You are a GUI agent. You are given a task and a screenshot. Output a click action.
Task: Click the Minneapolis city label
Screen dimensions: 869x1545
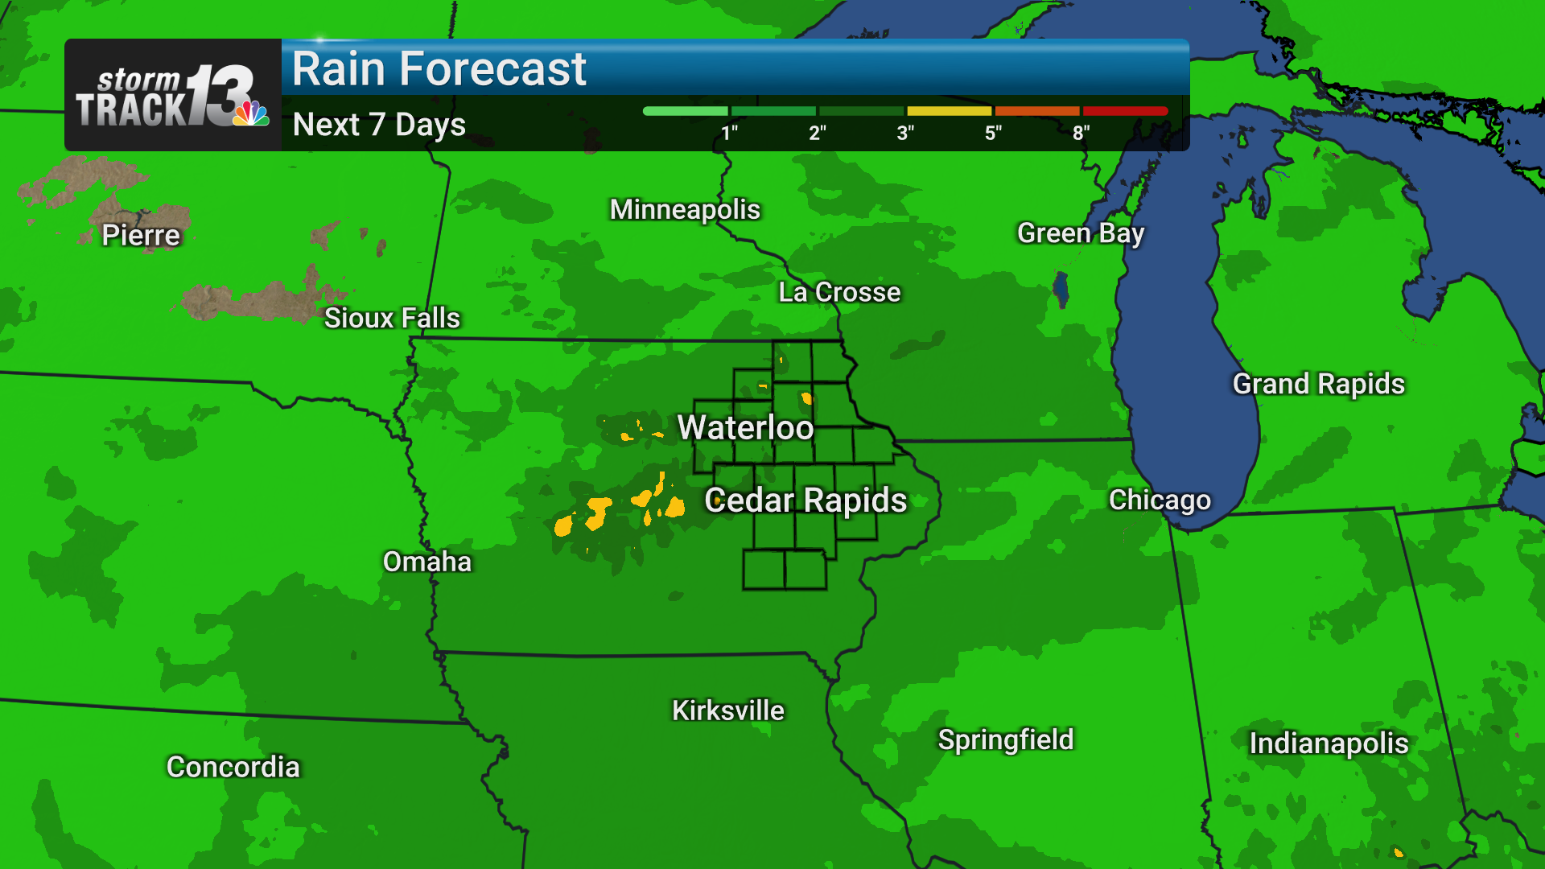(x=685, y=209)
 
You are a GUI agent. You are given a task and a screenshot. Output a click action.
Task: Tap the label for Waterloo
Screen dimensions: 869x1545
(x=745, y=427)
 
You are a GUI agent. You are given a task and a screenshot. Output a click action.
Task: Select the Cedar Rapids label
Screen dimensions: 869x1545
(x=805, y=500)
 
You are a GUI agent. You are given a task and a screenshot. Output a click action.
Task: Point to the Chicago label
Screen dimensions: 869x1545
(x=1160, y=500)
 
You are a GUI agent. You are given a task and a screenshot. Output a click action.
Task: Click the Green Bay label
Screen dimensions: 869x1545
(x=1080, y=233)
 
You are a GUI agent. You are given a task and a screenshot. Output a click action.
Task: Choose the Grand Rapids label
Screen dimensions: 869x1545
(x=1318, y=384)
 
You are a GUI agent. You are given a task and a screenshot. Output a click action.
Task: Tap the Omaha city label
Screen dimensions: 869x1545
(x=426, y=562)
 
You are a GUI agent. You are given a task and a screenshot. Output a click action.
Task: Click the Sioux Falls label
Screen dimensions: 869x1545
(x=392, y=318)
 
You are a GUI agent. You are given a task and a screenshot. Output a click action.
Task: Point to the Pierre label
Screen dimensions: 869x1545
(x=141, y=235)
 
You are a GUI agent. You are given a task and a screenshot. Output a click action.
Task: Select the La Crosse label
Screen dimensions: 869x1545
(x=839, y=292)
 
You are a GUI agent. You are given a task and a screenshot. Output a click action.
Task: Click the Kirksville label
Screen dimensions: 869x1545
(x=727, y=710)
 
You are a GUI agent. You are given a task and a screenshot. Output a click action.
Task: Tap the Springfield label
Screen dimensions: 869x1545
(x=1005, y=739)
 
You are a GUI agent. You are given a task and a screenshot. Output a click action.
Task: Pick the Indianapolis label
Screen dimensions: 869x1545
(x=1329, y=743)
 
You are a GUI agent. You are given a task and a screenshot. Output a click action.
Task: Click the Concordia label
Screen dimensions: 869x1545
(x=233, y=767)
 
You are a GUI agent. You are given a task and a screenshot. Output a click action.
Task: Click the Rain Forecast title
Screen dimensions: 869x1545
(x=439, y=69)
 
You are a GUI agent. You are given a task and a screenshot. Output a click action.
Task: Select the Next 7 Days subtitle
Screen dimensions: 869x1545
(x=379, y=125)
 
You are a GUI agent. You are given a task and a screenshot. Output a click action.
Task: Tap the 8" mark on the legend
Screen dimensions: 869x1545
(x=1081, y=133)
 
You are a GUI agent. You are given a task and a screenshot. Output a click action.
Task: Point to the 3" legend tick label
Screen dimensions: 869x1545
(x=905, y=133)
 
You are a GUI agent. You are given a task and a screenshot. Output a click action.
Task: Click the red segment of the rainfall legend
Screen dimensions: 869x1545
(x=1125, y=111)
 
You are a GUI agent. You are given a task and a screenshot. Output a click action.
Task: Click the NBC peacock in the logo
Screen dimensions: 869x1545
(x=251, y=113)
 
